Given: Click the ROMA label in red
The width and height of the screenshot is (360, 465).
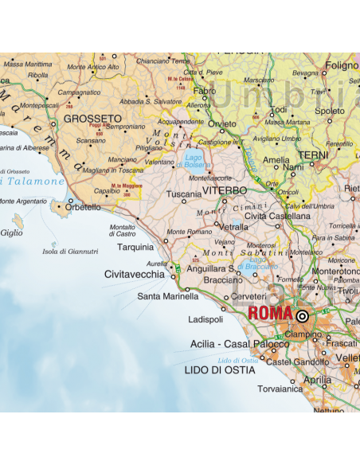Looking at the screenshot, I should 270,314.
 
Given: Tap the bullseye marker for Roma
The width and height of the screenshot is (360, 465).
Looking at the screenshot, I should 302,315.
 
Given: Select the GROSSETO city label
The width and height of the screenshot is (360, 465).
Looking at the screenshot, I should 86,118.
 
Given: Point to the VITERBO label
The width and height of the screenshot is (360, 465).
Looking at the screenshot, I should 225,191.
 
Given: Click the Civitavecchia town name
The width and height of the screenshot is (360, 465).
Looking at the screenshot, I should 135,274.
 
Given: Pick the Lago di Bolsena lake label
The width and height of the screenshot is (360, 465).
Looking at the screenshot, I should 193,161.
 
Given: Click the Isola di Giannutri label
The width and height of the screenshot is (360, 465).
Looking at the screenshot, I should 70,252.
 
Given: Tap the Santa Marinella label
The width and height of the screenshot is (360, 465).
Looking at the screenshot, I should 167,295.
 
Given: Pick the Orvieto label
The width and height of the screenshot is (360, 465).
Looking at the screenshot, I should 222,123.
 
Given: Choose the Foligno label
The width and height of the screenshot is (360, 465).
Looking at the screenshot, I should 342,65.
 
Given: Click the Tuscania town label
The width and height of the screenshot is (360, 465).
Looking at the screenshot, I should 184,193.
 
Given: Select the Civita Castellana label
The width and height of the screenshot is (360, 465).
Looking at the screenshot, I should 277,216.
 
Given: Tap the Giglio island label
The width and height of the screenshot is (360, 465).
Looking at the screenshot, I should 12,233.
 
